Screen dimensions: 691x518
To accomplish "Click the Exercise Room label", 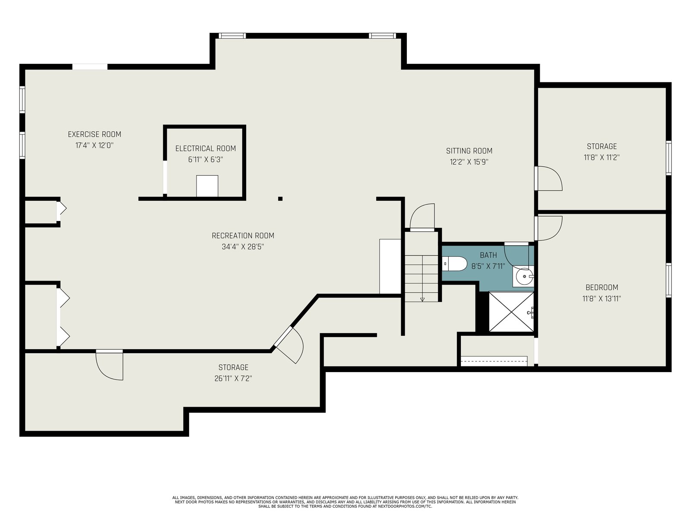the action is (x=95, y=134).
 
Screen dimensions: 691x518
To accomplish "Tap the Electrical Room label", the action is (x=206, y=148).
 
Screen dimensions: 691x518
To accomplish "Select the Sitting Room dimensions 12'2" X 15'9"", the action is (x=469, y=162).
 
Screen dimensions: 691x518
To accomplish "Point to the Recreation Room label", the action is (x=243, y=236).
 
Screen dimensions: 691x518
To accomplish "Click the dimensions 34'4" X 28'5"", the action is (x=243, y=247).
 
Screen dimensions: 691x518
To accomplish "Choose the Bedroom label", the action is (x=602, y=287).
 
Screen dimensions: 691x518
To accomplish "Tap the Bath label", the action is (x=488, y=255).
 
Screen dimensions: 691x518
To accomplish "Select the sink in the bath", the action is (x=523, y=276).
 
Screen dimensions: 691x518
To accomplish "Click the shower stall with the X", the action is (x=511, y=312).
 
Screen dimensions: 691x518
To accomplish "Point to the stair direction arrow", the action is (x=422, y=300).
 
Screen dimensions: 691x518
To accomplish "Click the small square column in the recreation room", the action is (x=280, y=199).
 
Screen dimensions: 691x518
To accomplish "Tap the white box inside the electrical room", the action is (x=207, y=186).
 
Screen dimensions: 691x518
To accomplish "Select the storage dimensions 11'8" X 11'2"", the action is (x=602, y=158).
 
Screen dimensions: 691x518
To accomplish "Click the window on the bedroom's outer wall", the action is (x=669, y=280).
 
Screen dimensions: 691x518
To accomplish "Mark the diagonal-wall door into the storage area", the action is (x=288, y=345).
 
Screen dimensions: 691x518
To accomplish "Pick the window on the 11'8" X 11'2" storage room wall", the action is (x=669, y=158).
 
